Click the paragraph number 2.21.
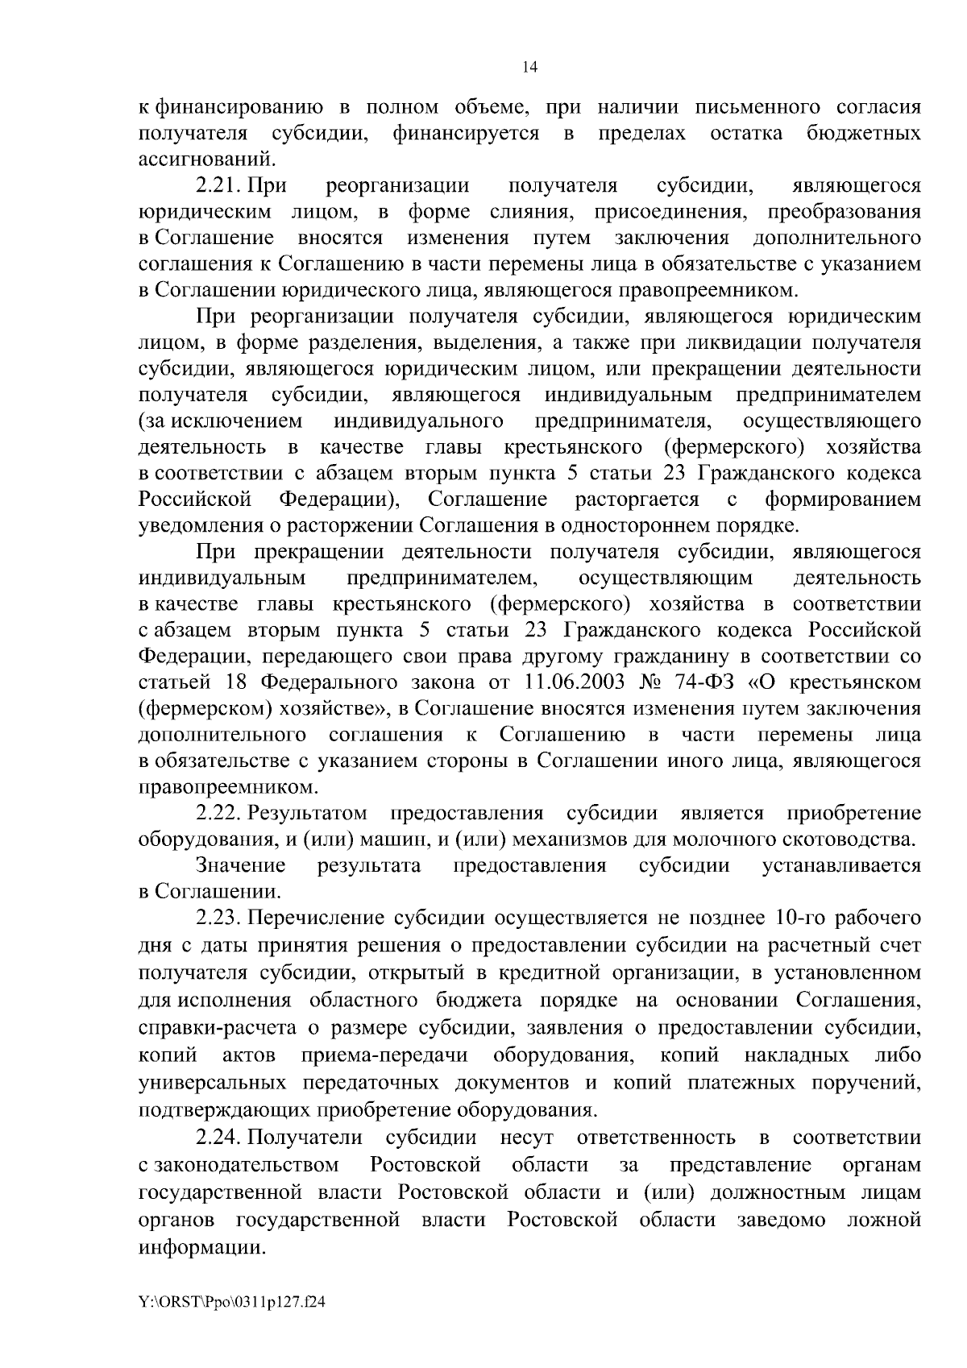coord(219,186)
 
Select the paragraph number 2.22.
coord(219,813)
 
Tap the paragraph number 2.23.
coord(219,918)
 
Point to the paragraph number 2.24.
coord(219,1138)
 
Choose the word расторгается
coord(637,500)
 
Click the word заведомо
coord(781,1220)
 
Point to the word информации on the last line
coord(202,1247)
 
